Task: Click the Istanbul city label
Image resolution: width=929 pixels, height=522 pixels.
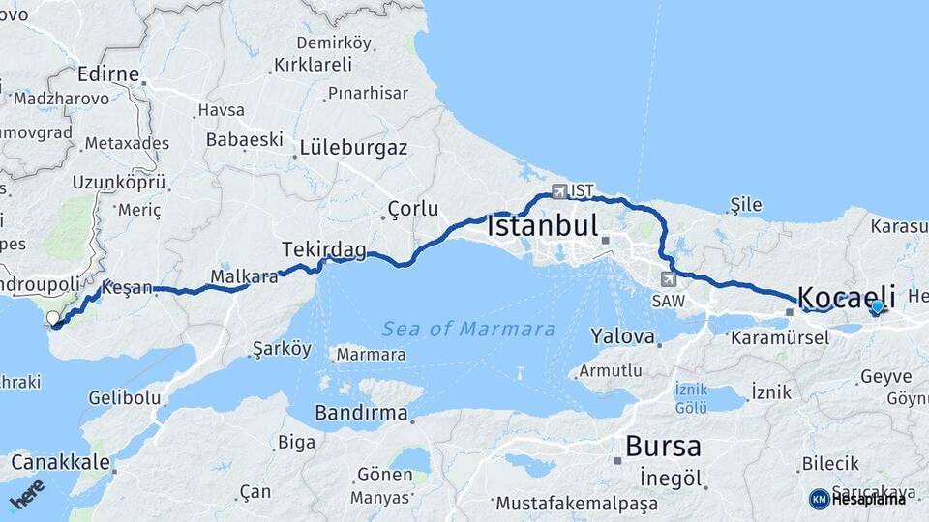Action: click(543, 227)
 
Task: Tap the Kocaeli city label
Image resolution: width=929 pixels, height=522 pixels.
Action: click(846, 296)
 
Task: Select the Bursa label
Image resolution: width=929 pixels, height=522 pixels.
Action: click(663, 447)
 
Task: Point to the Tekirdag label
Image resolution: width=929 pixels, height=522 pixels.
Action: click(324, 250)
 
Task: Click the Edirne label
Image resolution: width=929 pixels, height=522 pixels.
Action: click(108, 75)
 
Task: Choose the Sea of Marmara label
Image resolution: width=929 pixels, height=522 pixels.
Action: click(468, 329)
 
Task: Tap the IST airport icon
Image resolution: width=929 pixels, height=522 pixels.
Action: click(559, 191)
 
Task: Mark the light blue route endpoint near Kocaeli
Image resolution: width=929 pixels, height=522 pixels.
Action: click(877, 307)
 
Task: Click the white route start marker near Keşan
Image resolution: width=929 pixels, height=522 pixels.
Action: click(52, 318)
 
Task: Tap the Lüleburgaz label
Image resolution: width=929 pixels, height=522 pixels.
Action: click(353, 148)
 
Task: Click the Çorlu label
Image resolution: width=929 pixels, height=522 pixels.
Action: click(412, 208)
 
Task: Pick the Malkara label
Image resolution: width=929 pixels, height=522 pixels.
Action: click(244, 275)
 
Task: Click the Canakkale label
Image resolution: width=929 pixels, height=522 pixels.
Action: click(59, 462)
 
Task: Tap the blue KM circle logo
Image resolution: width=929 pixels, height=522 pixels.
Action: click(819, 499)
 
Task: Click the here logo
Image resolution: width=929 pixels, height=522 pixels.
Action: click(27, 495)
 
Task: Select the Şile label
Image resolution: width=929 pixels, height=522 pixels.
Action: click(746, 204)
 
